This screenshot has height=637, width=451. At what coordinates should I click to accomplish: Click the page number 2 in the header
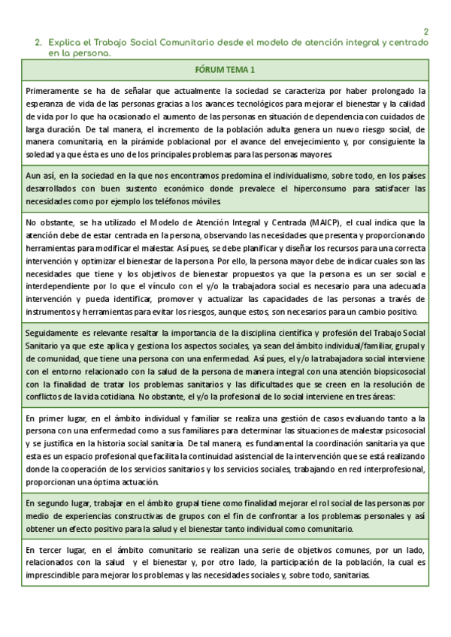[x=426, y=32]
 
